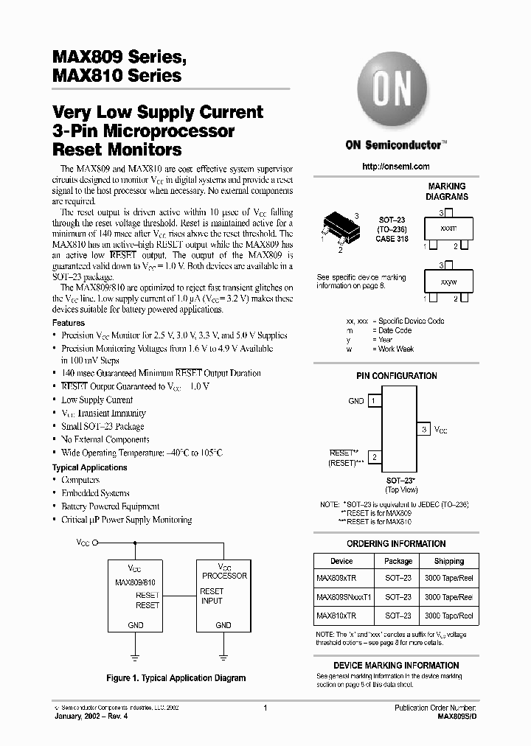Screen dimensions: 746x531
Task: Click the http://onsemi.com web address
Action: coord(396,167)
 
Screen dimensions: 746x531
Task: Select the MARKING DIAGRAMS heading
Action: coord(447,192)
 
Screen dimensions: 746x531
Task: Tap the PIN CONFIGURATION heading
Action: coord(397,376)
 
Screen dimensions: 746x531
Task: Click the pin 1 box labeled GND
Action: coord(375,401)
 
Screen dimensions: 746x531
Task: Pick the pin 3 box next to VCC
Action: coord(424,429)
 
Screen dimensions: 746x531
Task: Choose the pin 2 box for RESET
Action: coord(375,458)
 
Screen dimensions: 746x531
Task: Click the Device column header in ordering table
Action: coord(341,561)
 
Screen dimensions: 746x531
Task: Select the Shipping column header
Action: coord(448,561)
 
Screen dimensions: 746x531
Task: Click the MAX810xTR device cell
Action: coord(338,616)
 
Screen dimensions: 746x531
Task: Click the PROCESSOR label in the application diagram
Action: coord(224,576)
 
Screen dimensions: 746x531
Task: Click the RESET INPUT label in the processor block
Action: coord(212,596)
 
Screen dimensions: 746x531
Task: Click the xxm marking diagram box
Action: coord(448,229)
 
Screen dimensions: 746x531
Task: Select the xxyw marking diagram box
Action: coord(448,282)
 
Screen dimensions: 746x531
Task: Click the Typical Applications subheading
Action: coord(89,467)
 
